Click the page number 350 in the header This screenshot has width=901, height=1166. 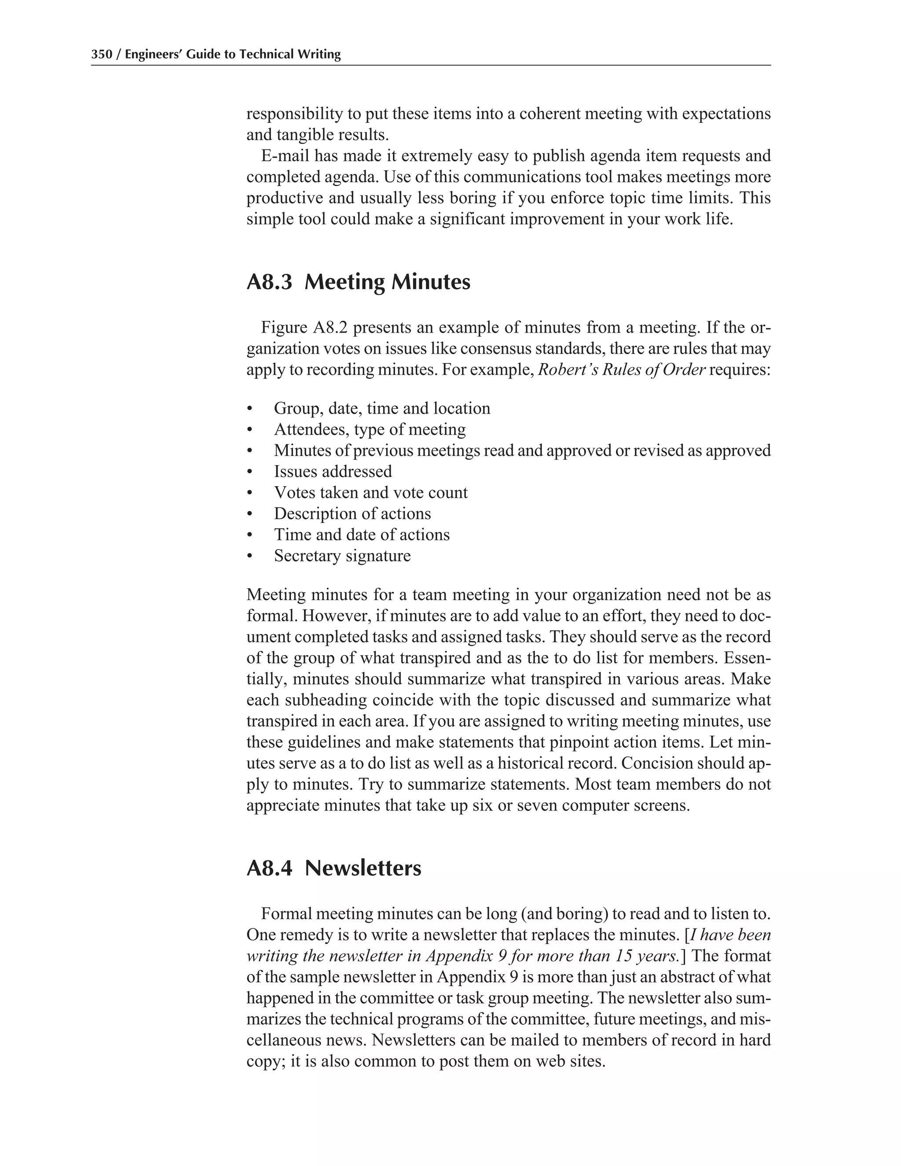coord(102,55)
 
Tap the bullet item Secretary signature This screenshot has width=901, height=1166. coord(342,556)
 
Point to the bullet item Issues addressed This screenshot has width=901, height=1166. coord(333,471)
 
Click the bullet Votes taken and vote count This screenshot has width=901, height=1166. coord(370,492)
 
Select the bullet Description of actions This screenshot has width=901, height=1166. coord(352,513)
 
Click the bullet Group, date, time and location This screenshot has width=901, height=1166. coord(381,408)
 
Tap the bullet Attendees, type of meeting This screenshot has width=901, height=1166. coord(370,429)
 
